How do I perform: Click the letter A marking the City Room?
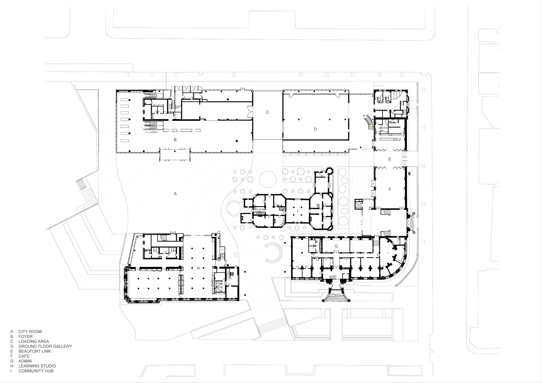click(175, 194)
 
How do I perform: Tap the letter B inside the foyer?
click(175, 140)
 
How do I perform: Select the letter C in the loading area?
click(267, 112)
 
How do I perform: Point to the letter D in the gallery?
click(315, 129)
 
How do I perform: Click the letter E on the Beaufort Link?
click(390, 159)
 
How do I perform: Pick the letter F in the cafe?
click(390, 190)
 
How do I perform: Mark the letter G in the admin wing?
click(336, 246)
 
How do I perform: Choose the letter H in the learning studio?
click(198, 268)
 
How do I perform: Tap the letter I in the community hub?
click(298, 210)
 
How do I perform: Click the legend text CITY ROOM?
click(30, 332)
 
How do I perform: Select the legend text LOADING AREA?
click(34, 342)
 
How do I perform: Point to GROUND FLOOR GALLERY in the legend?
click(45, 346)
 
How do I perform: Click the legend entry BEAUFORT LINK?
click(35, 351)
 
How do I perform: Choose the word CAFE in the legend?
click(24, 356)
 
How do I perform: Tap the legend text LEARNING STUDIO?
click(37, 366)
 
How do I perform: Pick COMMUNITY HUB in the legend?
click(36, 371)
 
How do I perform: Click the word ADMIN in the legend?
click(25, 361)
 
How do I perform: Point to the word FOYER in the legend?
click(25, 336)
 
